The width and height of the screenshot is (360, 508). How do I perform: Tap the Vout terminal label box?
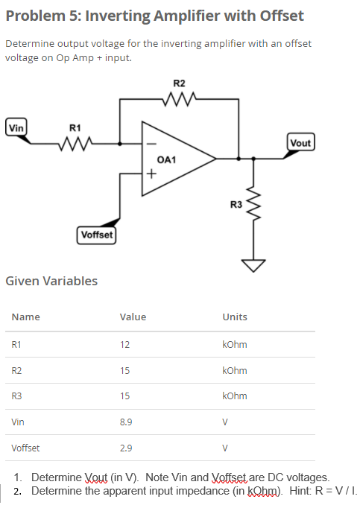[x=300, y=143]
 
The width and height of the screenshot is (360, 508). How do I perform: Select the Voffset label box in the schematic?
[x=96, y=235]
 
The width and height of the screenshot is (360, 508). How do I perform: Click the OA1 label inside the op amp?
[x=166, y=159]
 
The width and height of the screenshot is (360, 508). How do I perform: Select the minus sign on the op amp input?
[x=151, y=144]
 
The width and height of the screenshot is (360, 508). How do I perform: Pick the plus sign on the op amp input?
[x=151, y=175]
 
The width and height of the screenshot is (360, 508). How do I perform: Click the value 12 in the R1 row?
[x=124, y=345]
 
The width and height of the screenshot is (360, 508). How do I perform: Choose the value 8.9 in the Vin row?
[x=126, y=422]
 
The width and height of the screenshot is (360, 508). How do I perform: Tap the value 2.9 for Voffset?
[x=126, y=448]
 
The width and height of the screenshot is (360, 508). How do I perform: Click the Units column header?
[x=234, y=317]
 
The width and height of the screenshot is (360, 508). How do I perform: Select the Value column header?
[x=133, y=317]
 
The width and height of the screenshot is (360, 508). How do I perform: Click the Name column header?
[x=25, y=317]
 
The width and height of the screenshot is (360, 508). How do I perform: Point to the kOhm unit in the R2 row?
[x=234, y=371]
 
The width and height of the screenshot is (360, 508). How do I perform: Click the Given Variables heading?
[x=51, y=281]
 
